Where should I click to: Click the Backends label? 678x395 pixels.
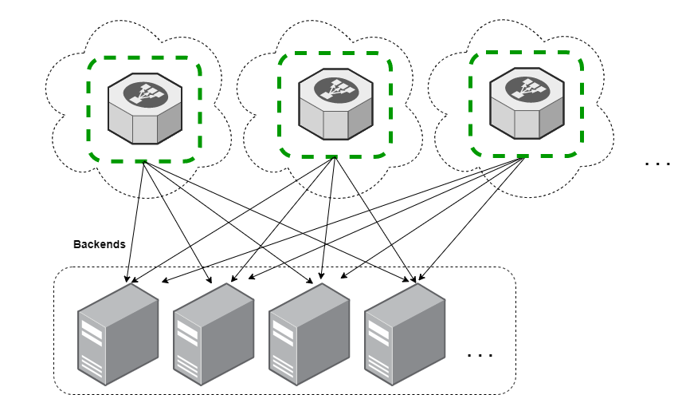click(100, 244)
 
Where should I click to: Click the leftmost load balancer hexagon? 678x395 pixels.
click(145, 109)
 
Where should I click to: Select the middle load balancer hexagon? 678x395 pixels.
click(335, 104)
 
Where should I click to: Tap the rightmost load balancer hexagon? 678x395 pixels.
click(527, 103)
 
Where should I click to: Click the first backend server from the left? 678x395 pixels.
click(118, 334)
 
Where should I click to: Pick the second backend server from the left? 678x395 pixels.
click(214, 334)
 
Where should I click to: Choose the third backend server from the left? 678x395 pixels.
click(309, 334)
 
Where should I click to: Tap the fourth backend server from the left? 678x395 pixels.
click(405, 334)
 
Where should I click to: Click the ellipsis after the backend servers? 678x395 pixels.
click(480, 355)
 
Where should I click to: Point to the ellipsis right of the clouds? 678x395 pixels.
click(657, 164)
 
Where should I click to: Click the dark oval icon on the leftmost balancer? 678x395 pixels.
click(146, 93)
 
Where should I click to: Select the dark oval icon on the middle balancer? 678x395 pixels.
click(336, 89)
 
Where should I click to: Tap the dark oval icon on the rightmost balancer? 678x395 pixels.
click(527, 88)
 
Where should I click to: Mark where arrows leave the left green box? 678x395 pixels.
click(143, 162)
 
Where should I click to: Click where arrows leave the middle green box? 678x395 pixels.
click(335, 157)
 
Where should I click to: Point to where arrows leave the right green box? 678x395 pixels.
click(524, 158)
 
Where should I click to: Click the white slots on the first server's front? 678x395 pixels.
click(92, 334)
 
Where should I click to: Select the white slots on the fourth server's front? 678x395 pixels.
click(378, 334)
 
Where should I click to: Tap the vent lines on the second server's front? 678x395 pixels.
click(186, 367)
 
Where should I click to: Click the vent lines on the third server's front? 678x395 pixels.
click(282, 367)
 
